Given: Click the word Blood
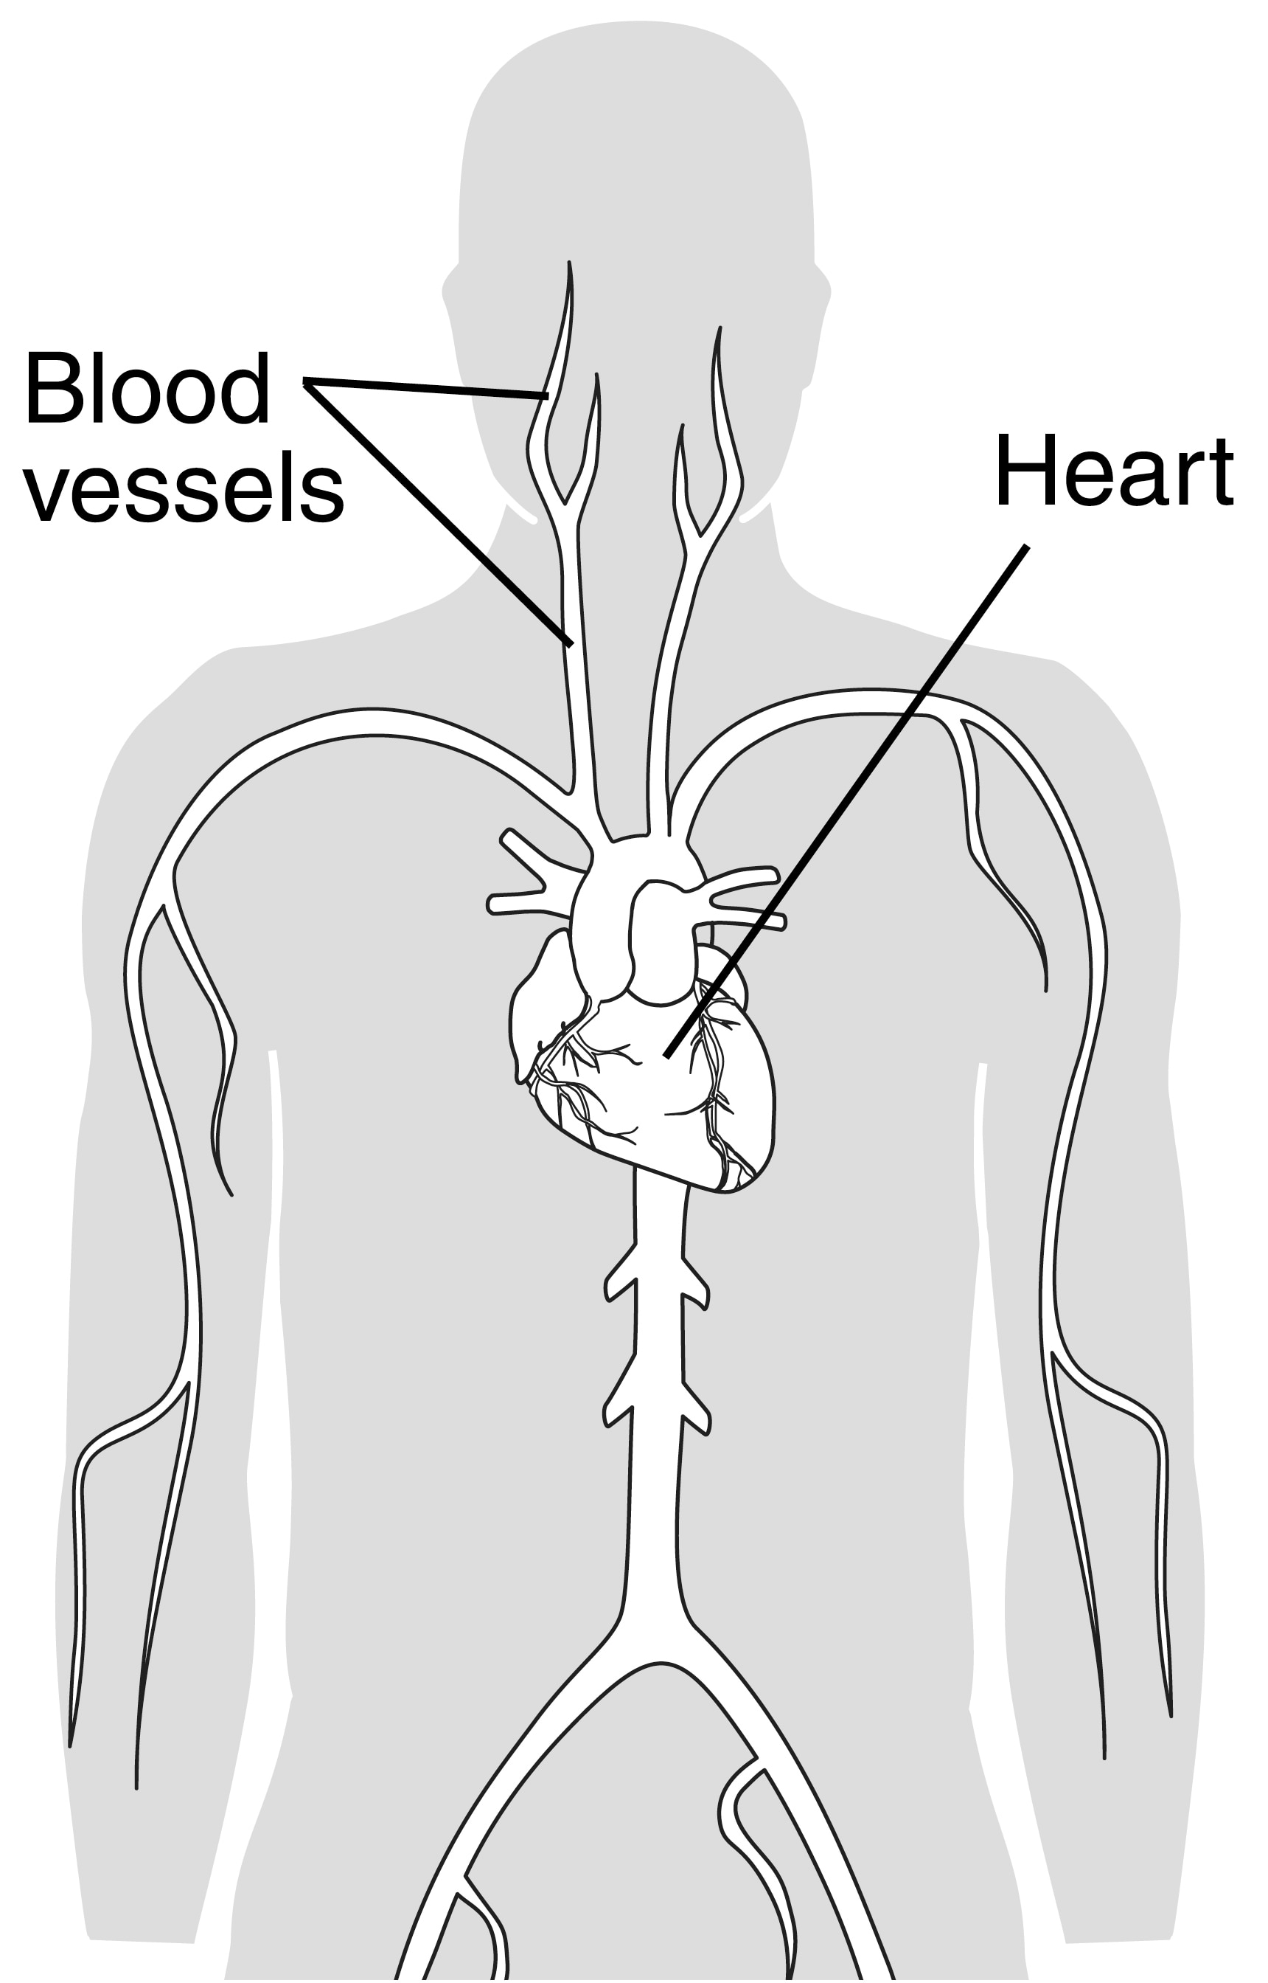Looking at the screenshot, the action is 147,389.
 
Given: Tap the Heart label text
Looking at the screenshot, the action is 1114,471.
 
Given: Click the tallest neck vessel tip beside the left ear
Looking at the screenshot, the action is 569,263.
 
